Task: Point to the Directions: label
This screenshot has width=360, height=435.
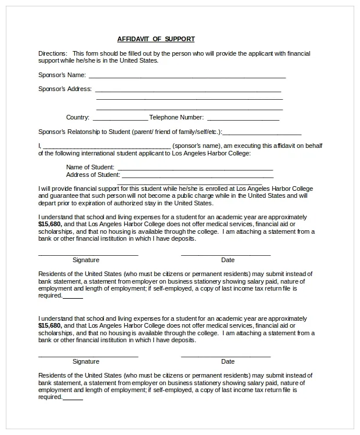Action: (52, 53)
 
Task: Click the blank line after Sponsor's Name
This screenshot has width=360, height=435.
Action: (187, 76)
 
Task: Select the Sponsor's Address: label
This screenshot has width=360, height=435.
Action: (65, 89)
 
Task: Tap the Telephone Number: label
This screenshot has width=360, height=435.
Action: (177, 118)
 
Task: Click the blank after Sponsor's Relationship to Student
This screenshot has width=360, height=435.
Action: (262, 133)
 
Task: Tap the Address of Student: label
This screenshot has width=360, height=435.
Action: (93, 175)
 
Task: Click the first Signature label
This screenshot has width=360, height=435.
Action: (86, 260)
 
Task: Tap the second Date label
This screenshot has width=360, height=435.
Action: (228, 361)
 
